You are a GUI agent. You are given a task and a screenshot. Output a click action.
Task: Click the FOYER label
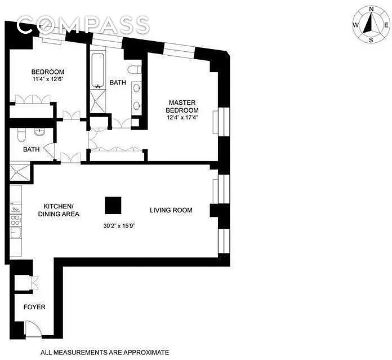point(34,307)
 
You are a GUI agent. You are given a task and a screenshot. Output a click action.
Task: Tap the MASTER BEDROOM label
point(182,106)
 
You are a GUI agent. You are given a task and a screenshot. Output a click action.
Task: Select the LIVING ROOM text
point(171,210)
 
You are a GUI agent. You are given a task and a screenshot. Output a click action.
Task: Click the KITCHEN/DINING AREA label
point(59,210)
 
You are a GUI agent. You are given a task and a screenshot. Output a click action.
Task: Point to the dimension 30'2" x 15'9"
point(119,226)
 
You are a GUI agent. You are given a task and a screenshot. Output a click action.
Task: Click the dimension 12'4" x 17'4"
point(182,118)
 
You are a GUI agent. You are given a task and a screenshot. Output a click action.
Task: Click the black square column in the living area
point(113,205)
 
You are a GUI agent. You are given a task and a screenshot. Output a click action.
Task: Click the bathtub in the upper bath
point(97,71)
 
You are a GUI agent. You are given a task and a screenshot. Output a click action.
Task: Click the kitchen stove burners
point(16,220)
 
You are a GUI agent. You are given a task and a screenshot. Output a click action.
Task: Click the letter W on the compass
point(355,25)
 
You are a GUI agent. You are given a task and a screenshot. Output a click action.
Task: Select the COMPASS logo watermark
point(83,24)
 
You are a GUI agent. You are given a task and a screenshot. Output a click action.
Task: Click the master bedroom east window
point(224,122)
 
